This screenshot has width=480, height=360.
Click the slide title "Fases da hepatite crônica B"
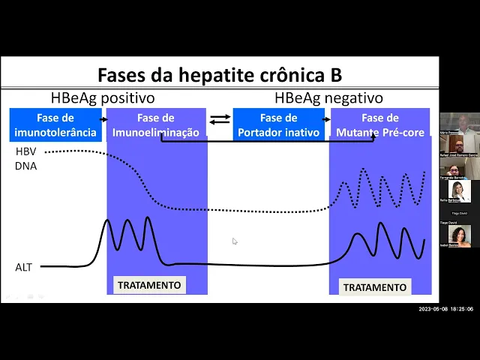point(220,75)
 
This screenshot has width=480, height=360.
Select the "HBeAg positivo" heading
point(103,98)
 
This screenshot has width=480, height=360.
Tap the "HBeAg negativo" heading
point(328,98)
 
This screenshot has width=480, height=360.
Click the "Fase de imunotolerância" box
point(55,125)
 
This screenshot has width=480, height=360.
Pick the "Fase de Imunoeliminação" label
point(156,125)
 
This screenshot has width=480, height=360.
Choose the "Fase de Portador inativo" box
point(278,125)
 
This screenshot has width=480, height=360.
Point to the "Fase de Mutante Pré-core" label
point(379,125)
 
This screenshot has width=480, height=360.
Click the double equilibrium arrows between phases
point(220,119)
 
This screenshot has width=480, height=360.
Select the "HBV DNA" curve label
point(25,159)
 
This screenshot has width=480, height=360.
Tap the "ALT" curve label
point(24,267)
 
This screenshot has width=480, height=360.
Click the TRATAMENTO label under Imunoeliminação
point(149,285)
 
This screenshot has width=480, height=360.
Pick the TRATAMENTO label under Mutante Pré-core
point(375,287)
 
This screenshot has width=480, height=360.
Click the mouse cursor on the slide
point(235,241)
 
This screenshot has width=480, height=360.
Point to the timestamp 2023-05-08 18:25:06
point(445,309)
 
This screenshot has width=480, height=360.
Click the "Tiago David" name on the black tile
point(459,213)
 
